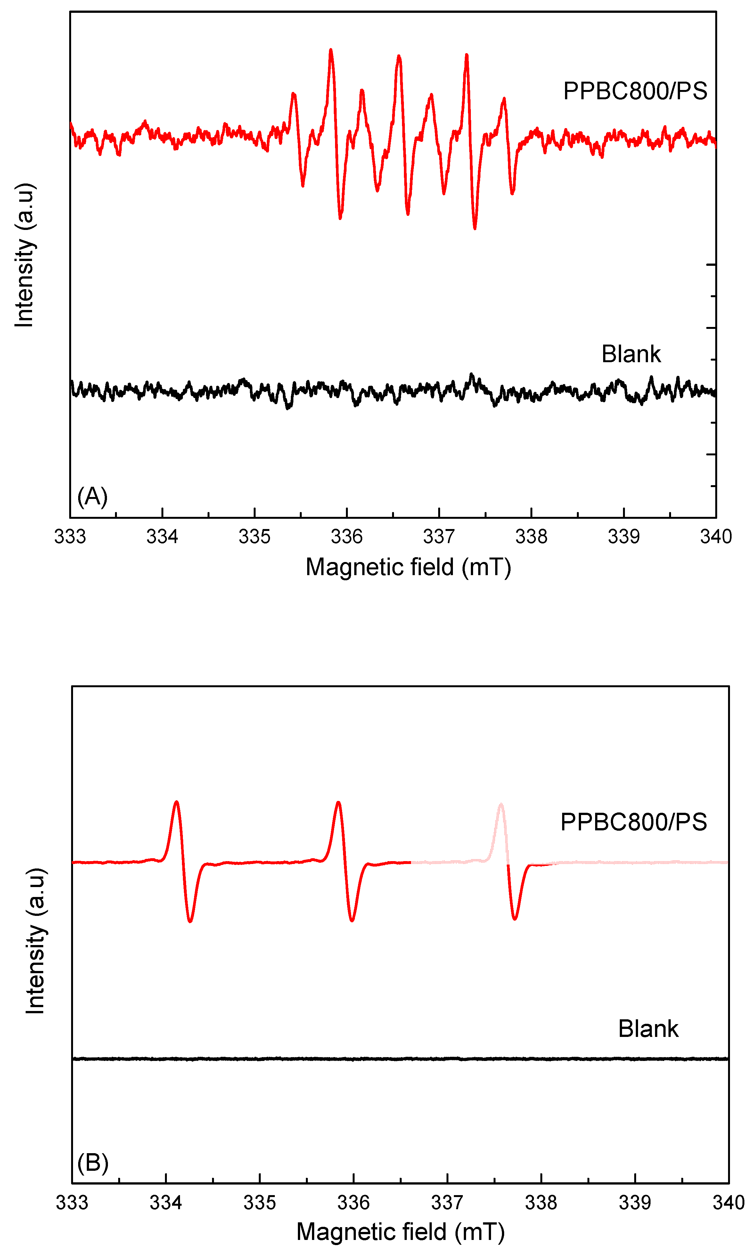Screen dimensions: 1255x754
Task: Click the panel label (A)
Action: (93, 496)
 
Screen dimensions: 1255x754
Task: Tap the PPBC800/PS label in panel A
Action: (635, 91)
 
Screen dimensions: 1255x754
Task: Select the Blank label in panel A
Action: (631, 354)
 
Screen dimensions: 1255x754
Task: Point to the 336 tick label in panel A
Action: (347, 536)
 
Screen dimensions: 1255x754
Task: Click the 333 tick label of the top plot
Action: (70, 536)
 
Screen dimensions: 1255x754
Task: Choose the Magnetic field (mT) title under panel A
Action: (408, 567)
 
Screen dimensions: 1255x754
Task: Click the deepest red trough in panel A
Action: (475, 228)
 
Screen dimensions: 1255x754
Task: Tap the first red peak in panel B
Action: (176, 803)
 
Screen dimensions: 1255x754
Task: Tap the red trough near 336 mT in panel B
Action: (352, 920)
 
